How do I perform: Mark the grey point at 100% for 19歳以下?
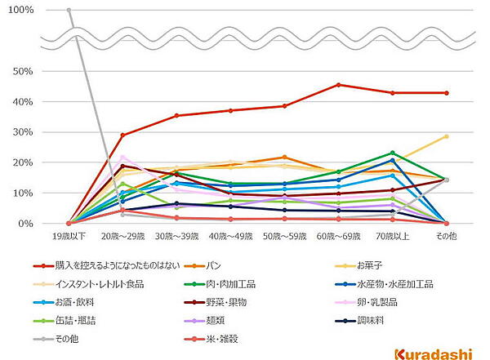(69, 10)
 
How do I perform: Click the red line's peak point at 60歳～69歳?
(338, 85)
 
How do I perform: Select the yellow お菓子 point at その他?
(446, 136)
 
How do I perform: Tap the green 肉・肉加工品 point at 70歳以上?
(392, 153)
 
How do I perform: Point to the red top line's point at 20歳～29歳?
(122, 135)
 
